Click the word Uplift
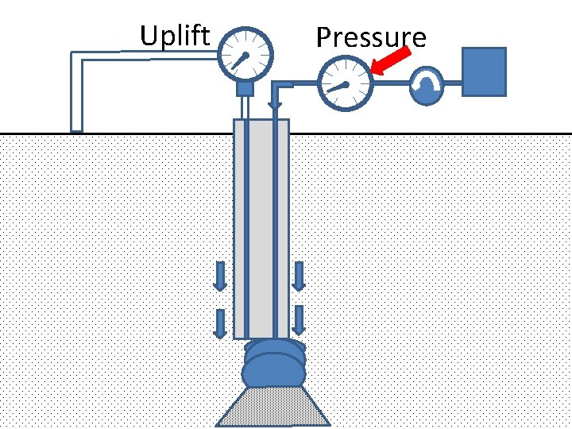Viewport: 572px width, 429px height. click(175, 36)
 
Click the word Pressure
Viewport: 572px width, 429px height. click(370, 37)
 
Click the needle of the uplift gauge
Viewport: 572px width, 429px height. click(239, 60)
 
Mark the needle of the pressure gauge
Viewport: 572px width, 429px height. click(338, 87)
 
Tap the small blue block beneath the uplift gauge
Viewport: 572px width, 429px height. click(245, 87)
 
